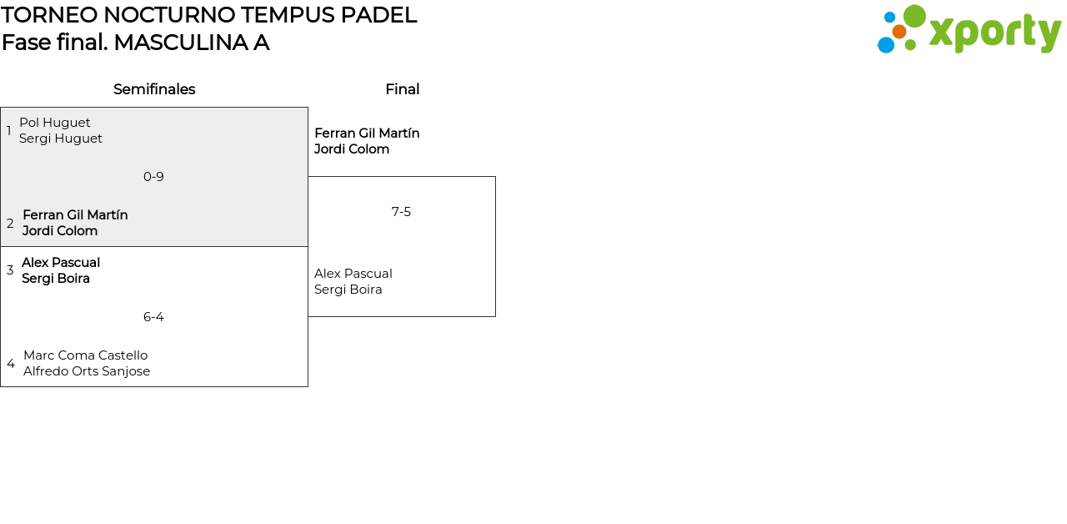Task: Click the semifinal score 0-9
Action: [x=153, y=177]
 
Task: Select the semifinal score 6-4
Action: [x=153, y=317]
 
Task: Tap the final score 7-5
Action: [x=401, y=212]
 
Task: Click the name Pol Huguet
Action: [x=55, y=123]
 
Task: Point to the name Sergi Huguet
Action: [x=61, y=139]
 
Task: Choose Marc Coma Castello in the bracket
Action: [x=85, y=355]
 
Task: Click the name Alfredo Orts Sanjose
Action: [x=87, y=371]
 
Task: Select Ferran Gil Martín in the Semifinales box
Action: [x=75, y=215]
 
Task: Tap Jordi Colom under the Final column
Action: [x=352, y=149]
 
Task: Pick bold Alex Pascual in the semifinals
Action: [x=61, y=263]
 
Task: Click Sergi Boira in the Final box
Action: [x=348, y=290]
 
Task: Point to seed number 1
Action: [x=9, y=131]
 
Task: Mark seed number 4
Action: [x=11, y=364]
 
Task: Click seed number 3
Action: [x=10, y=270]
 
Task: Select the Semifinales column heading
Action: [x=154, y=89]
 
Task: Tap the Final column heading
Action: [x=402, y=89]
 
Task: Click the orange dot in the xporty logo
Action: [x=899, y=32]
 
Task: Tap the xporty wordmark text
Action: [x=994, y=33]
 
